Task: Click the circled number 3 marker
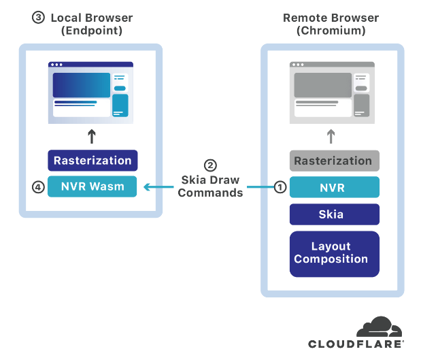coord(38,18)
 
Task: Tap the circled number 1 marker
coord(280,187)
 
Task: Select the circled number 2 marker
coord(210,165)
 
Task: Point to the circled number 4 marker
coord(38,187)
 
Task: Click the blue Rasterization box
coord(92,161)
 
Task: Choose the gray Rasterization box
coord(334,161)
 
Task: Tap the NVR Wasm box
coord(92,186)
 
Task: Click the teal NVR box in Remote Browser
coord(334,187)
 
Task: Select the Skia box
coord(334,214)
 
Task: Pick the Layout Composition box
coord(334,254)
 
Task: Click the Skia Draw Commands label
coord(210,186)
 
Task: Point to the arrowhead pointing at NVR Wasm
coord(146,187)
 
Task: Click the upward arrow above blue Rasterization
coord(92,136)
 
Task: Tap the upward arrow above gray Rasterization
coord(331,136)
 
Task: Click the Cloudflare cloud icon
coord(379,327)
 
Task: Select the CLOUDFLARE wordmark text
coord(356,344)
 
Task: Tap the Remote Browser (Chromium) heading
coord(331,24)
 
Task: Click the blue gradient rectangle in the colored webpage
coord(82,85)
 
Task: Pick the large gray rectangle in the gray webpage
coord(323,85)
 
